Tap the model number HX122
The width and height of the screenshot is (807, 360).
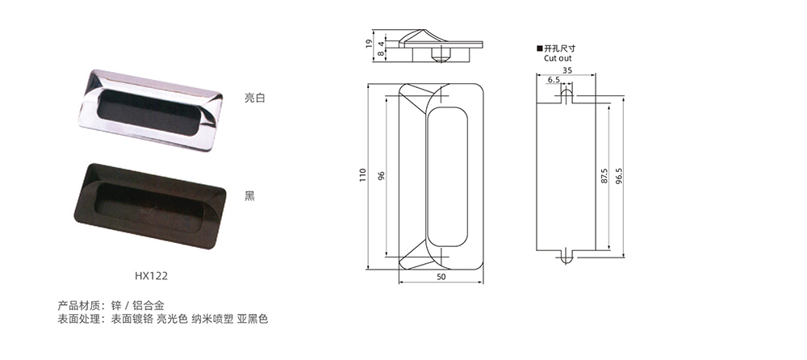[151, 274]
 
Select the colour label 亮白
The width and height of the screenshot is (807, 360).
[254, 98]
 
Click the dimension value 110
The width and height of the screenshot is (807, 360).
[363, 174]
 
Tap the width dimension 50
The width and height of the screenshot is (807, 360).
[441, 277]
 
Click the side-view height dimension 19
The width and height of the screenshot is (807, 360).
[369, 45]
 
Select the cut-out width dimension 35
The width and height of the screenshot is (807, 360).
[567, 71]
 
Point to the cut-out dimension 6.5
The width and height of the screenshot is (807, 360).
[553, 81]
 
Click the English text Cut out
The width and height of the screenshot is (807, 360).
[557, 59]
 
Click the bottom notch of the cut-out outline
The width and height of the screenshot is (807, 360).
[567, 256]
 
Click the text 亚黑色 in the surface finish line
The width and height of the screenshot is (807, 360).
[253, 320]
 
